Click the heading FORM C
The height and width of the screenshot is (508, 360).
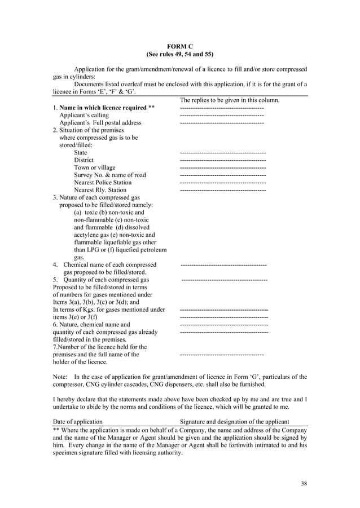point(179,46)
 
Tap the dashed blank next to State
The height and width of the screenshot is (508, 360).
point(222,153)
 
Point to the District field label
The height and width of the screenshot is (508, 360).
point(84,160)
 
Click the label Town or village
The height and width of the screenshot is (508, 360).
point(94,167)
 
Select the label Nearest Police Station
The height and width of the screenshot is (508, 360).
point(103,183)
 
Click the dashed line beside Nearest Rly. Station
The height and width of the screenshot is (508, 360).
point(222,191)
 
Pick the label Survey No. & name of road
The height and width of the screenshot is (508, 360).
point(109,175)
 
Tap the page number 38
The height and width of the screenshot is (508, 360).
point(304,483)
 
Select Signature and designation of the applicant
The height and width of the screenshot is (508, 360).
point(234,421)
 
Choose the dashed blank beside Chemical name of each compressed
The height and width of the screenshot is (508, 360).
point(223,264)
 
